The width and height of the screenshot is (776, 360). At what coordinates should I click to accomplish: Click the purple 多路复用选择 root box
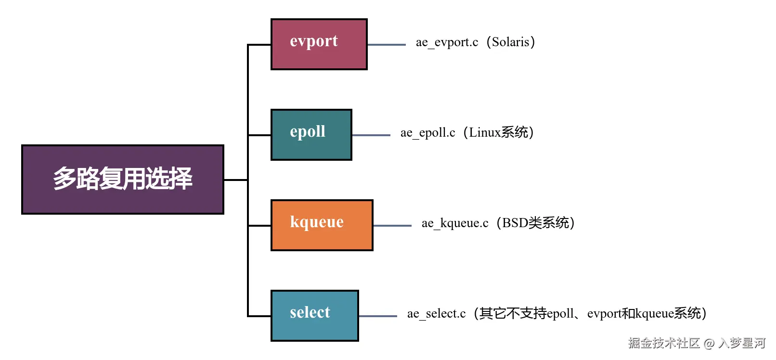click(x=123, y=179)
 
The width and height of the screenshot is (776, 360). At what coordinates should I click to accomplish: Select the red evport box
click(x=319, y=44)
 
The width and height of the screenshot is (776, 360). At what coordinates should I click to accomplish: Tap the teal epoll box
click(x=311, y=135)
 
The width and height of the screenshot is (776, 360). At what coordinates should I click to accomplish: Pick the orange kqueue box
click(x=322, y=225)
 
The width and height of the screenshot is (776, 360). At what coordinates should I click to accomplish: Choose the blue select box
click(x=314, y=316)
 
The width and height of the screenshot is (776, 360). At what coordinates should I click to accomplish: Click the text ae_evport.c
click(x=447, y=42)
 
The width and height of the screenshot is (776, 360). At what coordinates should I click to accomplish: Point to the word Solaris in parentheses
click(x=510, y=42)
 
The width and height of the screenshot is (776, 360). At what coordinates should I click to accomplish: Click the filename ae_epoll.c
click(x=427, y=133)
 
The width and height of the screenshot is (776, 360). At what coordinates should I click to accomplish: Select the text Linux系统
click(x=498, y=132)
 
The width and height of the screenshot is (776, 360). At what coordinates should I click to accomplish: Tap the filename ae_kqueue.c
click(x=455, y=223)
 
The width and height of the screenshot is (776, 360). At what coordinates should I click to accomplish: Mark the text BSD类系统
click(x=535, y=223)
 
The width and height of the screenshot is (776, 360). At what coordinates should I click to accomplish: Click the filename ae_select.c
click(x=436, y=314)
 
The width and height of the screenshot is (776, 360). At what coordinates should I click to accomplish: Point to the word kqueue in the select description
click(x=654, y=314)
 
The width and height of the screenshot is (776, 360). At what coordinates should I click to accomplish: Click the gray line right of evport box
click(x=387, y=45)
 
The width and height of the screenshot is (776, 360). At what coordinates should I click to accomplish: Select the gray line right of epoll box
click(x=371, y=135)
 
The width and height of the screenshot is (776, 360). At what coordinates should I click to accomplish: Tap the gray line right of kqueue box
click(x=392, y=225)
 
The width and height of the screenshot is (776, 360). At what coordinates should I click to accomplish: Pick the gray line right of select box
click(x=378, y=316)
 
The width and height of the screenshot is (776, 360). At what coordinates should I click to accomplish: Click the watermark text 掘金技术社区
click(x=663, y=343)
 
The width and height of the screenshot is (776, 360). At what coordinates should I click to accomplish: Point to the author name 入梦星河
click(x=741, y=343)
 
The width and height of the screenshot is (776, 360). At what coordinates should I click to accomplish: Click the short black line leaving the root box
click(x=236, y=180)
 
